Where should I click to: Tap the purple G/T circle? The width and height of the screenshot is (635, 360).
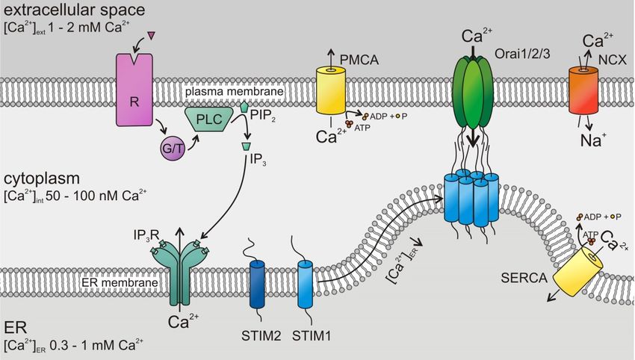point(173,149)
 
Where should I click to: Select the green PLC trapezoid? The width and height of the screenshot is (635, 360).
point(209,119)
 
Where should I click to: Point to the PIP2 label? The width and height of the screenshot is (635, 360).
point(263,116)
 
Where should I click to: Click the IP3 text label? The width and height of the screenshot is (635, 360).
point(258,160)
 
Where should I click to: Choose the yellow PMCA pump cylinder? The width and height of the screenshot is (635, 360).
point(331,90)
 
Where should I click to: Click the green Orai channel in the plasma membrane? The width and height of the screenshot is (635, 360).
point(472,92)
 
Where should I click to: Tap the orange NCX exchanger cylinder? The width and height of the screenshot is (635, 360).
point(583,90)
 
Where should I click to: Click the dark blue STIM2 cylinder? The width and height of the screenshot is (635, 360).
point(257,285)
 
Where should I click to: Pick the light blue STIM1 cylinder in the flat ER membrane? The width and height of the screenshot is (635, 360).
point(305,285)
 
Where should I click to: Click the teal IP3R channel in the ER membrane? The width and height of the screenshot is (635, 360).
point(179,272)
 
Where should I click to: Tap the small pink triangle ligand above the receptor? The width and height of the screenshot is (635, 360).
point(152,36)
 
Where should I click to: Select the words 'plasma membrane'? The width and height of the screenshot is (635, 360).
point(234,92)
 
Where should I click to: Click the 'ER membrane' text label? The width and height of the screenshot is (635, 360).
point(120,282)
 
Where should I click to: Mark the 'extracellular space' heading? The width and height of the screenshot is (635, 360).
point(74,10)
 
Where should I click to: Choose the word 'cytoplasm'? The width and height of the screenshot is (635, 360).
point(42,179)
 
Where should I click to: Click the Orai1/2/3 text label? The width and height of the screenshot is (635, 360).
point(522,54)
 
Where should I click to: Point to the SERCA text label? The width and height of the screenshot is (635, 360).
point(524,278)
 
